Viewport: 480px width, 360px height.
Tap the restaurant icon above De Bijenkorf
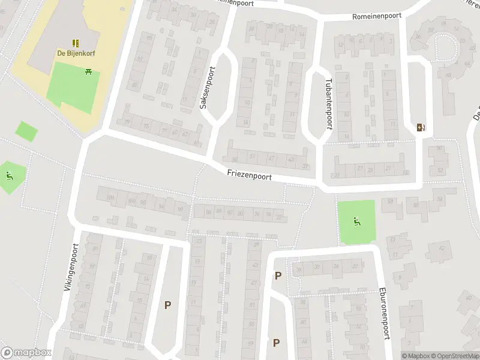pyautogui.click(x=76, y=43)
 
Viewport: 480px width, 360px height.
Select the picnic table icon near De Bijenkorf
pyautogui.click(x=89, y=71)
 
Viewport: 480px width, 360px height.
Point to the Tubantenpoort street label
pyautogui.click(x=328, y=104)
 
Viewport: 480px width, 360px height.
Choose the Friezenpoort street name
pyautogui.click(x=249, y=176)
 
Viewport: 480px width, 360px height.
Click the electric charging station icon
pyautogui.click(x=421, y=127)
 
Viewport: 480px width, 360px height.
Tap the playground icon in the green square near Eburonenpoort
pyautogui.click(x=356, y=221)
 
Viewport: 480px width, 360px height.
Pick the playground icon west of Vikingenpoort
pyautogui.click(x=9, y=176)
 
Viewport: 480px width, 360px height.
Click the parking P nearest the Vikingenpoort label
pyautogui.click(x=167, y=305)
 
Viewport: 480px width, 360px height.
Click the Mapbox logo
pyautogui.click(x=26, y=353)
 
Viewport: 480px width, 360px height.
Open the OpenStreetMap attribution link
pyautogui.click(x=455, y=356)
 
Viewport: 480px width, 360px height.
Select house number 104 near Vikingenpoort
pyautogui.click(x=110, y=197)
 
